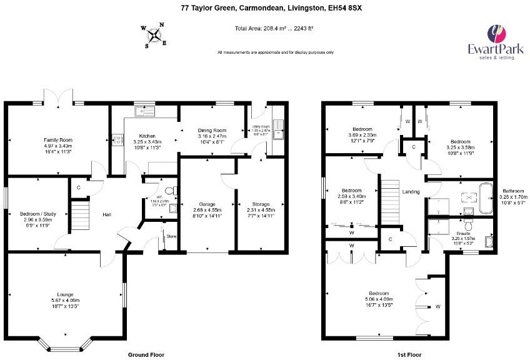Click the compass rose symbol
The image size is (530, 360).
154,35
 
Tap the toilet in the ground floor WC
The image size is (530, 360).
173,191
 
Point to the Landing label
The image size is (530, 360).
411,192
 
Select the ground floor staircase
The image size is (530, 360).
78,216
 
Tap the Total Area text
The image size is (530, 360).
274,29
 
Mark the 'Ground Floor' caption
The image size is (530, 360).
146,354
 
